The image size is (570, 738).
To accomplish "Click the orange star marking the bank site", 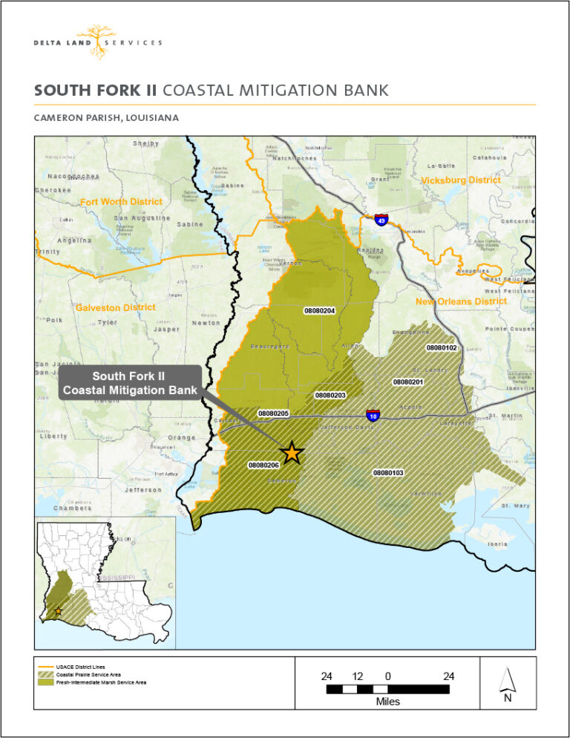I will pos(292,451).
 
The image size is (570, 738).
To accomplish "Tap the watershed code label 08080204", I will pos(320,310).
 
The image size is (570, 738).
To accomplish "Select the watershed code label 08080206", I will pos(263,465).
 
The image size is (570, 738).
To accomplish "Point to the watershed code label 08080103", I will pos(387,472).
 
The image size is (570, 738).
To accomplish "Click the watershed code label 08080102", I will pos(441,347).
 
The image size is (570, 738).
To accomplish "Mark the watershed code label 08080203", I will pos(330,395).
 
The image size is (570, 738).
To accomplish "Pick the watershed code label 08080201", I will pos(407,382).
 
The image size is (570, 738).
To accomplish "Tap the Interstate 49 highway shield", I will pos(380,220).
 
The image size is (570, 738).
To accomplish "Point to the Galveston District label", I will pos(115,307).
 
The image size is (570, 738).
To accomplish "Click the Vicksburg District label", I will pos(461,180).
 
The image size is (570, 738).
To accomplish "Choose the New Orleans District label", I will pos(461,301).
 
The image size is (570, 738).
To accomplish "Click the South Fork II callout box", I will pos(129,383).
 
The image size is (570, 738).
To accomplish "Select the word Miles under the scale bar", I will pos(387,702).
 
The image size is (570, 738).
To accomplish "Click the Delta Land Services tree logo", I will pos(96,41).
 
